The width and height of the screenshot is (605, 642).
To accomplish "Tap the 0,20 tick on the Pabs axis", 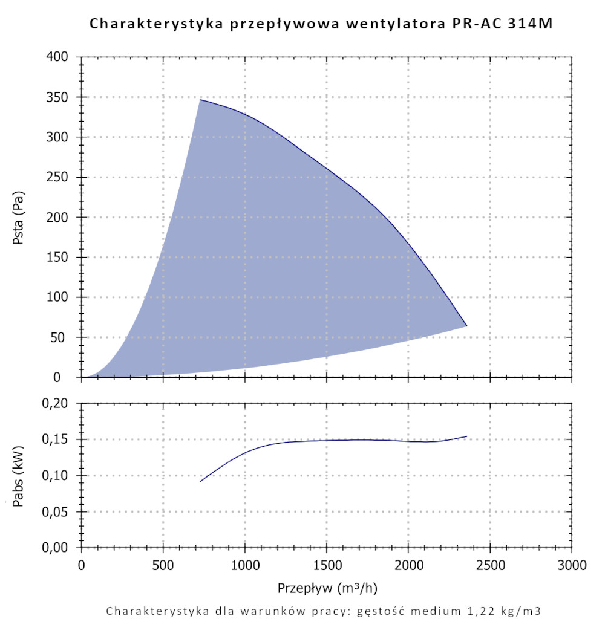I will tap(60, 403).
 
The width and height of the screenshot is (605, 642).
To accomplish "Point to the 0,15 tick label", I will tap(60, 439).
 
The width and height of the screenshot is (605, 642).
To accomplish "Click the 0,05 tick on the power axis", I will tap(60, 512).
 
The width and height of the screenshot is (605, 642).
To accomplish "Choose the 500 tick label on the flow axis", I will tap(163, 566).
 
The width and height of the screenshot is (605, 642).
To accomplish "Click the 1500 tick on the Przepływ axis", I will tap(327, 566).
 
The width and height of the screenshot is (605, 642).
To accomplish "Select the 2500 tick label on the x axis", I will tap(490, 566).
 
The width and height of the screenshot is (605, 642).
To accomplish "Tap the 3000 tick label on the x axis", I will tap(572, 566).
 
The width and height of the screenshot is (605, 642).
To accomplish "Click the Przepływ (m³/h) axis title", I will tap(330, 588).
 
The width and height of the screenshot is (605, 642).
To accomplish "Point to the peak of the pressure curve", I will tap(200, 100).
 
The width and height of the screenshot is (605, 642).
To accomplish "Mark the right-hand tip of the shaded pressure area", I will tap(466, 326).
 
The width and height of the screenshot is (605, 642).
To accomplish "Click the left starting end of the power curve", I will tap(200, 481).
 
